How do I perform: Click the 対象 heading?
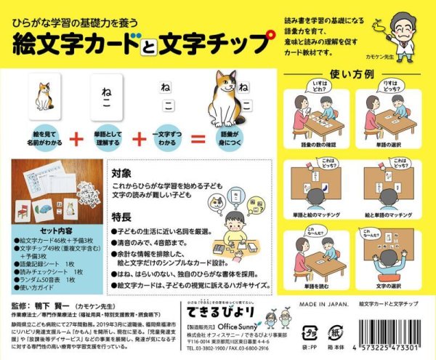121,174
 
